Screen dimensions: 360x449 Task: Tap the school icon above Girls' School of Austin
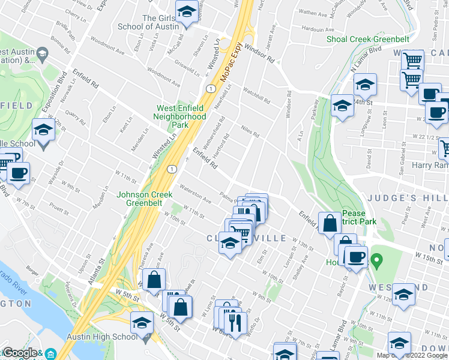187,11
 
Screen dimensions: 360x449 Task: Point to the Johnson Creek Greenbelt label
145,199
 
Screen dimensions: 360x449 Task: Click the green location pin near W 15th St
376,260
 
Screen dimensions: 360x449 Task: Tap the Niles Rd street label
249,131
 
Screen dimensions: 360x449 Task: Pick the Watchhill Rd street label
256,95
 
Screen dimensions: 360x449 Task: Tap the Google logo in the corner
20,353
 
